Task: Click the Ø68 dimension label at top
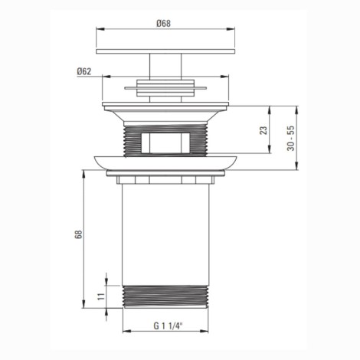pos(164,24)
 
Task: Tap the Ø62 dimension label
pos(84,71)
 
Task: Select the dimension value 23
pos(263,130)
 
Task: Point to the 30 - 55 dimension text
pos(291,138)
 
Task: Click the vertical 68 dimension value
pos(79,234)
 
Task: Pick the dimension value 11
pos(101,296)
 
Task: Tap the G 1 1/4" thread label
pos(169,326)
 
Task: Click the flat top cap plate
pos(165,51)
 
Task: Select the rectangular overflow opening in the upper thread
pos(165,143)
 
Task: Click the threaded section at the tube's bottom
pos(165,296)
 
